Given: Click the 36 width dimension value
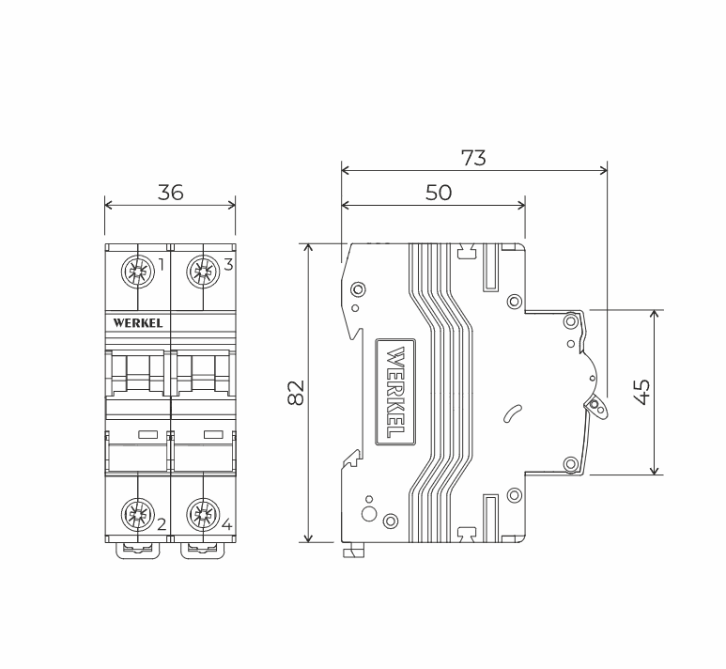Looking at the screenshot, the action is (x=170, y=193).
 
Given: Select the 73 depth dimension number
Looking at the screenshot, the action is (x=473, y=158).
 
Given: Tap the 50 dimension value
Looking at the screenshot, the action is (x=439, y=193).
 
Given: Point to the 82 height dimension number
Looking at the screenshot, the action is (x=296, y=393).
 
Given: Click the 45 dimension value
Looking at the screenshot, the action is (x=641, y=392).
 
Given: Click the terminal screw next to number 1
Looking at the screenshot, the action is (x=137, y=271).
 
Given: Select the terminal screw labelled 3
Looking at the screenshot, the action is (x=203, y=271).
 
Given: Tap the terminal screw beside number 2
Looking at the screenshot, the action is (x=137, y=514).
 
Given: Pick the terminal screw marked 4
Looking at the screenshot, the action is (x=203, y=514).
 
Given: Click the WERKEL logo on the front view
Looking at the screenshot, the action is (x=138, y=323).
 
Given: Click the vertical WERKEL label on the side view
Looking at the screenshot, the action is (x=395, y=392).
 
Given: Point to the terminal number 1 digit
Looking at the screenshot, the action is (x=162, y=265).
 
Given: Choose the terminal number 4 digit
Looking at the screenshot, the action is (x=227, y=524).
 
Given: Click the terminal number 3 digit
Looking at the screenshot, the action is (x=228, y=265).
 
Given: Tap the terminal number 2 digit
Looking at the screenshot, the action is (x=162, y=524).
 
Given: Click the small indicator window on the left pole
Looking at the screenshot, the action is (x=148, y=435).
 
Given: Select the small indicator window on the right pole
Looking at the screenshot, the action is (x=213, y=435).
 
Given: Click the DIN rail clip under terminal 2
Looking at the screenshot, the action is (x=137, y=551).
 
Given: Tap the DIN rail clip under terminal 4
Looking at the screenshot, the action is (x=203, y=551).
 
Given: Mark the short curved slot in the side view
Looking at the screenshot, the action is (x=512, y=413).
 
